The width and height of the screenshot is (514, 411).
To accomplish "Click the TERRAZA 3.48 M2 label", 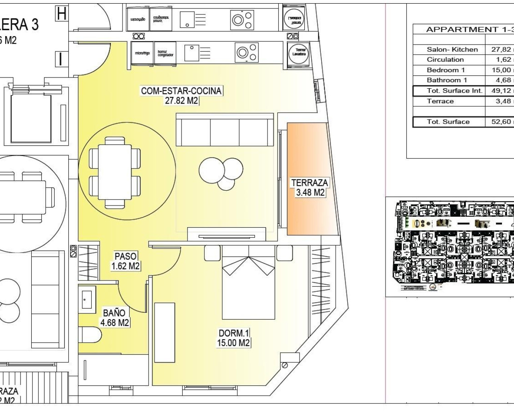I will pyautogui.click(x=309, y=187).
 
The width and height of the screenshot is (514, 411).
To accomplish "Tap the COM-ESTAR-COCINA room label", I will pyautogui.click(x=181, y=96).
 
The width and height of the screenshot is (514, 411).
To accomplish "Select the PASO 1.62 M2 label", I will pyautogui.click(x=125, y=261).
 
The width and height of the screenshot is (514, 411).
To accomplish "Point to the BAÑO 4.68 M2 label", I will pyautogui.click(x=114, y=317).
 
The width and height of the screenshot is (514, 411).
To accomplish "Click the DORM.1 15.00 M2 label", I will pyautogui.click(x=234, y=338).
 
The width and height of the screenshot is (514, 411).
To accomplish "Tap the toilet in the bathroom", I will pyautogui.click(x=90, y=334).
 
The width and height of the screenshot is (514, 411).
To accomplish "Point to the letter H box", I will pyautogui.click(x=61, y=14).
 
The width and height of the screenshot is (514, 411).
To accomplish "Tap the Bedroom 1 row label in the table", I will pyautogui.click(x=446, y=70).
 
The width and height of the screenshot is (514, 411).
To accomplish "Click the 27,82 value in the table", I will pyautogui.click(x=501, y=49).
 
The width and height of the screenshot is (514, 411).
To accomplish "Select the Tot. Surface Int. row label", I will pyautogui.click(x=454, y=91).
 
